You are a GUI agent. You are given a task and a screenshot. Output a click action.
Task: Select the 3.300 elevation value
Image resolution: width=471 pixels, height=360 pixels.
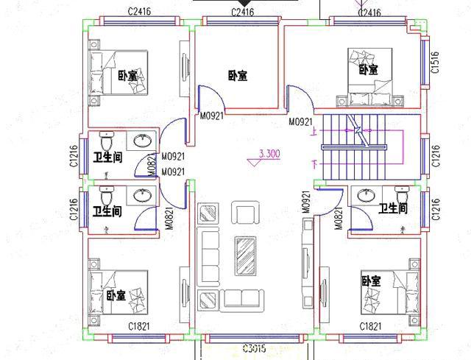[269, 155]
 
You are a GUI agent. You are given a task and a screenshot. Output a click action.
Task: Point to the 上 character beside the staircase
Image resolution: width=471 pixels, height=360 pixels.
[314, 133]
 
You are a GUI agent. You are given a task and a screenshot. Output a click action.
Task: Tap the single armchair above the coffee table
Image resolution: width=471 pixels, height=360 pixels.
[244, 213]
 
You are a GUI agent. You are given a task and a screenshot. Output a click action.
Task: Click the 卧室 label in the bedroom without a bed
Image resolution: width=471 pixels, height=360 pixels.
[237, 75]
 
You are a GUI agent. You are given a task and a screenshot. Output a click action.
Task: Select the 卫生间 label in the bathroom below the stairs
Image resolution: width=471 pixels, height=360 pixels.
[393, 209]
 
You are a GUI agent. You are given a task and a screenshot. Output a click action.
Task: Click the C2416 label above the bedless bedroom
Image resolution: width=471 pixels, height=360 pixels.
[242, 13]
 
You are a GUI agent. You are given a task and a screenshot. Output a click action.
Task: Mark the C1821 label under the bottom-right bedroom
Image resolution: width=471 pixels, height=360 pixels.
[370, 325]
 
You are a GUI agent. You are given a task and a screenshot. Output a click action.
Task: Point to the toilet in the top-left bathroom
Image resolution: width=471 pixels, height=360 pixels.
[105, 140]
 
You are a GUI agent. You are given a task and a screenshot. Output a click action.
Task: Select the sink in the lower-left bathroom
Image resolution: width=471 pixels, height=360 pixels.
[140, 195]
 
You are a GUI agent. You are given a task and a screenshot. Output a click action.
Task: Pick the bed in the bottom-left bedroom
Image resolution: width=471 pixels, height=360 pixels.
[111, 291]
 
